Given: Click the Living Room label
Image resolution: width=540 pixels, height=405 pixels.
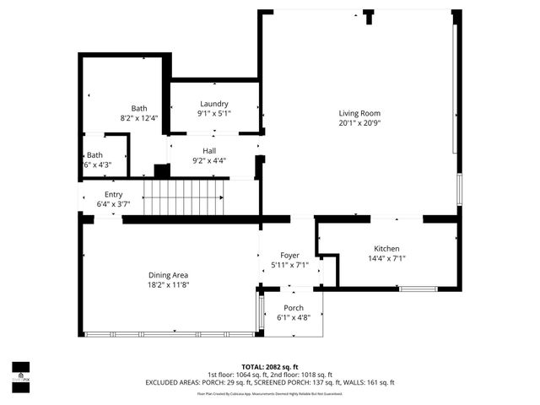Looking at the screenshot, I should tap(360, 113).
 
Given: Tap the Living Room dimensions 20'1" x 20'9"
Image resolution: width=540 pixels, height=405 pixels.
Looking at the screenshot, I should tap(360, 123).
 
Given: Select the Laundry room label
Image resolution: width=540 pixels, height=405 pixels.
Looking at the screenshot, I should tap(214, 103).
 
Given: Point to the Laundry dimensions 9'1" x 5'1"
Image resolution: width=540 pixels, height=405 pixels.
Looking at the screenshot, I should tap(214, 113).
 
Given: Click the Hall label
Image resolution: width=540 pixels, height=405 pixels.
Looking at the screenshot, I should tap(209, 150).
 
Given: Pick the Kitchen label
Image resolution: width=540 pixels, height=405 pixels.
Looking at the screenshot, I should tap(386, 249).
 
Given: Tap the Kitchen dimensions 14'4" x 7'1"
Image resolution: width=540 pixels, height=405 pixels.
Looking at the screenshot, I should tap(386, 259).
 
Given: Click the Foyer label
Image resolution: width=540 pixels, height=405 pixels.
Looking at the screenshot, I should tap(290, 255).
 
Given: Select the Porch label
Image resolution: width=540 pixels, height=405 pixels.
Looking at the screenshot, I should tap(294, 308).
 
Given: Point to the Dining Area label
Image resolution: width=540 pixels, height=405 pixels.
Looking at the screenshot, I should tap(169, 275).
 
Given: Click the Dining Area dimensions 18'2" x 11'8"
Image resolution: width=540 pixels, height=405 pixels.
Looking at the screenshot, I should tap(169, 285).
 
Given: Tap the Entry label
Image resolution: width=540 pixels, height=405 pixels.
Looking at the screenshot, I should tap(113, 194).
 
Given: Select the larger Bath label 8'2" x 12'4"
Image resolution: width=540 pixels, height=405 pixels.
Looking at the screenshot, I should tap(138, 108).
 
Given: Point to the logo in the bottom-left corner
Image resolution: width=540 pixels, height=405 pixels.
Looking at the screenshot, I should tap(20, 373).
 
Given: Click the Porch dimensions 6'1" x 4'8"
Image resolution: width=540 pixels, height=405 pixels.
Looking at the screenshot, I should tap(294, 318).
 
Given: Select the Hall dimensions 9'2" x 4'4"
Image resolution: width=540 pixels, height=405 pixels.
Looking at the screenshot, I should tap(209, 160).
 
